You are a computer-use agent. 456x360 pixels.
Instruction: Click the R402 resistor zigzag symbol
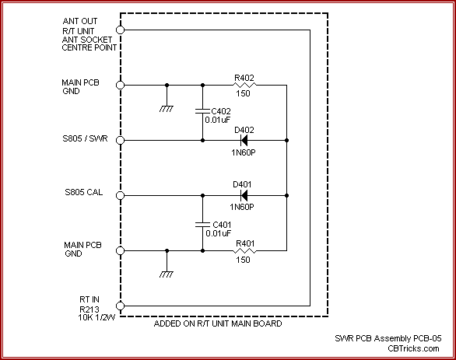point(244,85)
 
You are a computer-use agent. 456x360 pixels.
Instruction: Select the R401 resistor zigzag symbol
point(244,250)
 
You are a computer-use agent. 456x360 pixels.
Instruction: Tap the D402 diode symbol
point(244,140)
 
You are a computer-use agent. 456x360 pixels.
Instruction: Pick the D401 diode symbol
point(244,195)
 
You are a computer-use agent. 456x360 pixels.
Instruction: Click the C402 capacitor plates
point(202,111)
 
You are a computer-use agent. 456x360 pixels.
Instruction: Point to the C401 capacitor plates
point(202,224)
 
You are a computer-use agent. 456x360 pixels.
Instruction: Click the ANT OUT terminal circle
point(120,30)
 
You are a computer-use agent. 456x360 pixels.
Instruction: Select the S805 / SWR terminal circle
point(120,140)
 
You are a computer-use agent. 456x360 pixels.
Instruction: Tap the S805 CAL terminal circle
point(120,195)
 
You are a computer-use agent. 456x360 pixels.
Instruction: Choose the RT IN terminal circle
point(120,306)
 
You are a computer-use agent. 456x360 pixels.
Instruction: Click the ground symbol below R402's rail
point(167,109)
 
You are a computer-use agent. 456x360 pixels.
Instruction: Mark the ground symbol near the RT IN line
point(167,274)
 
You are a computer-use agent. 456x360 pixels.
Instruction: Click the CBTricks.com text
point(413,348)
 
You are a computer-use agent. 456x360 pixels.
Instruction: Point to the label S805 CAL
point(84,192)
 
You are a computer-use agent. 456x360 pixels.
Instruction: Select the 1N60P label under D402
point(244,152)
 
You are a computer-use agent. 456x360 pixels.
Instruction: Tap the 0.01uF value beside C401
point(219,233)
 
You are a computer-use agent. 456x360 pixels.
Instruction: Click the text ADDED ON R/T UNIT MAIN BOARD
point(218,323)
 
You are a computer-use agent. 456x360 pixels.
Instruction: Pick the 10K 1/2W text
point(96,317)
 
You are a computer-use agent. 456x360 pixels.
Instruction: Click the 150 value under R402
point(243,93)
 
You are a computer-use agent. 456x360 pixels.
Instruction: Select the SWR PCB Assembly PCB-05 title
point(388,338)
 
